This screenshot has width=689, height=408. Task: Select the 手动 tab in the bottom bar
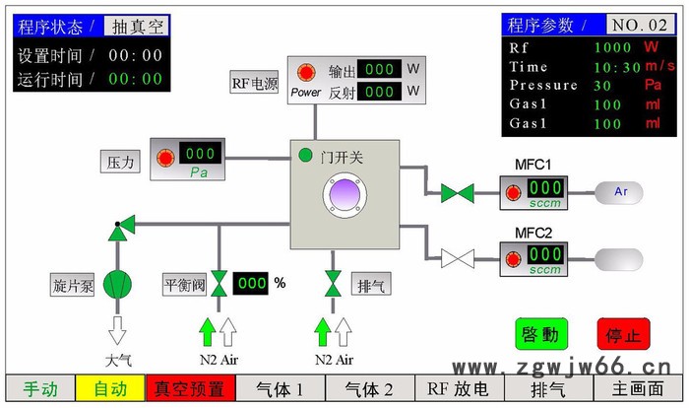[x=40, y=389]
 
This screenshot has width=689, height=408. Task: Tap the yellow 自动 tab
[x=110, y=389]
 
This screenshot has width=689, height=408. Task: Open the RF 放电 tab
[x=458, y=389]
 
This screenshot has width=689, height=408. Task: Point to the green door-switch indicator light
[x=305, y=155]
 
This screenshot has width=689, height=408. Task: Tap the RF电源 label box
[x=255, y=82]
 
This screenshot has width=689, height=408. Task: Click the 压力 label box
[x=123, y=160]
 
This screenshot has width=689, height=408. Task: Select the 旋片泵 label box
[x=73, y=286]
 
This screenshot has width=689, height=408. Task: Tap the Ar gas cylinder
[x=619, y=191]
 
